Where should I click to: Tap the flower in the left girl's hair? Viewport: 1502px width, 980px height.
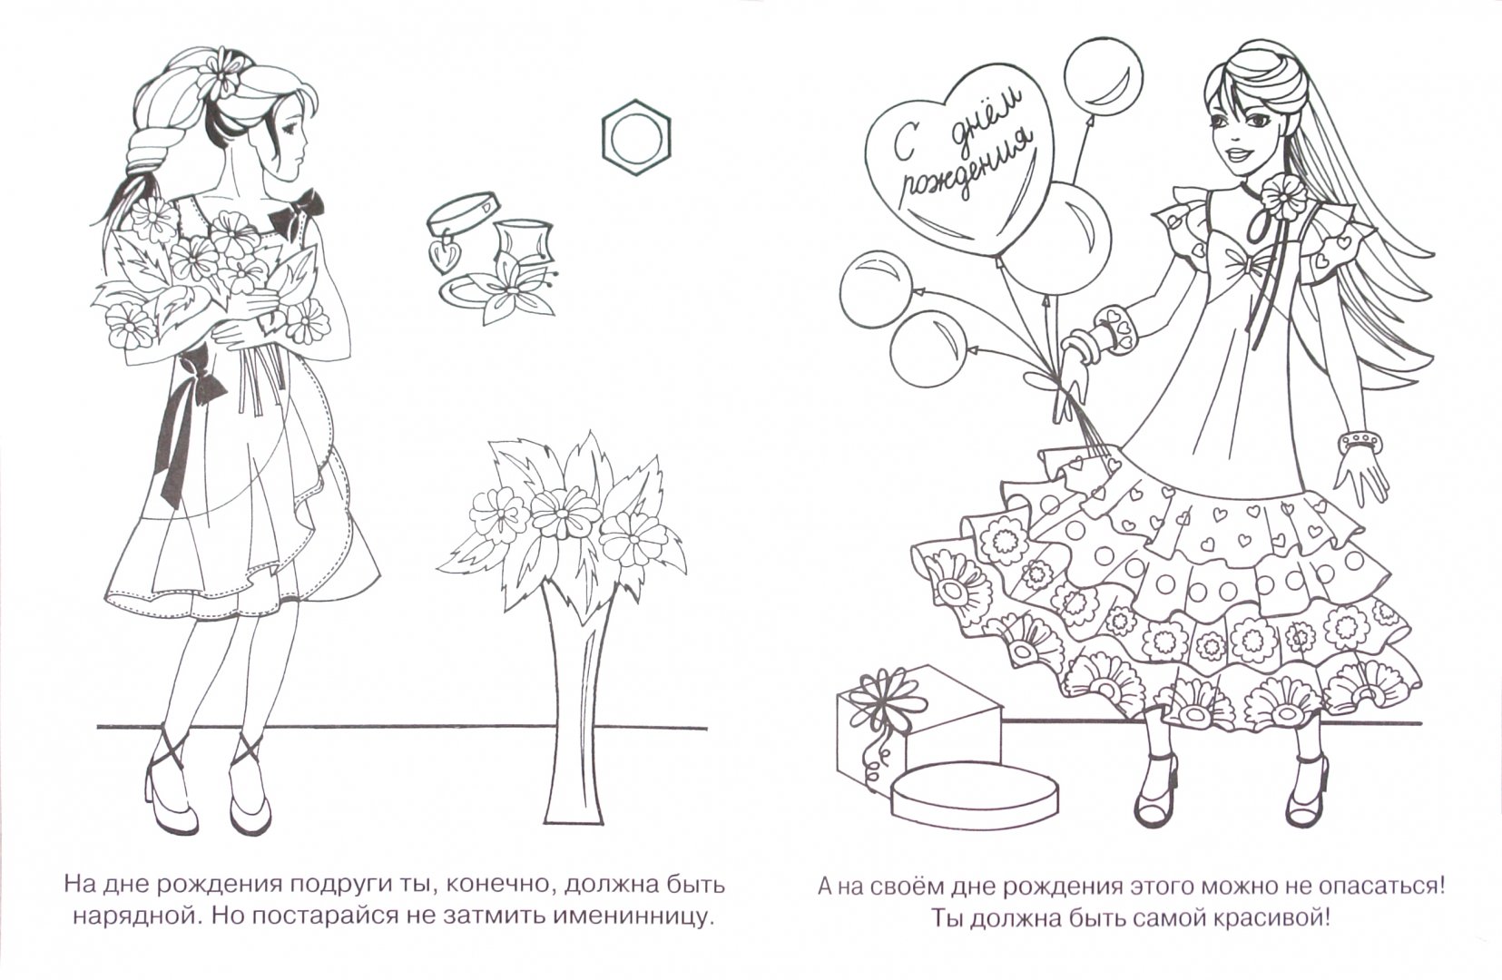click(x=217, y=73)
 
